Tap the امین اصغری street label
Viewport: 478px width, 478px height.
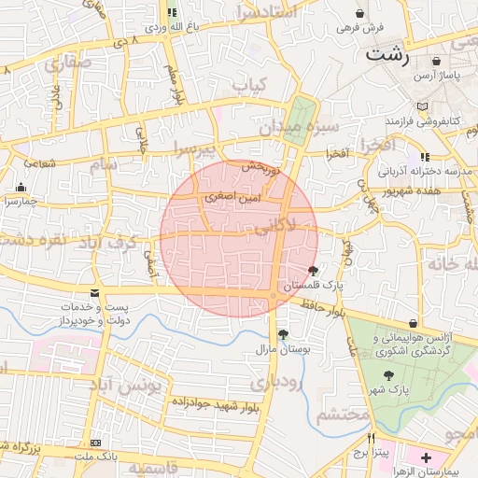(x=228, y=198)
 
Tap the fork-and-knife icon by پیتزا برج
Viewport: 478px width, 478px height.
(x=371, y=438)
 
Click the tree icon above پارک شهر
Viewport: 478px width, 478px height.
(x=387, y=373)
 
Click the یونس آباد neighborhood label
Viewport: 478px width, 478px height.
(x=131, y=385)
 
